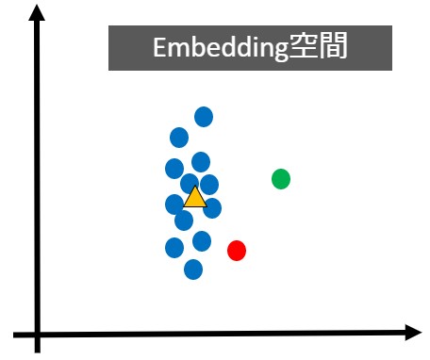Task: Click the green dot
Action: pos(280,178)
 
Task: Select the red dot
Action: pos(237,250)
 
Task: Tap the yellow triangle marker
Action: pos(194,197)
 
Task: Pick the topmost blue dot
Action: pos(204,117)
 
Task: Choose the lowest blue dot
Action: pos(193,270)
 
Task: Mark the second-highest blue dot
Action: pos(179,138)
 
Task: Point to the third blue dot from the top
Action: pos(201,161)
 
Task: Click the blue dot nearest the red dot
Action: pos(202,241)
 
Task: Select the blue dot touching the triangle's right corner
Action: pos(212,207)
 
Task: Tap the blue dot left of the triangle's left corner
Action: pos(174,204)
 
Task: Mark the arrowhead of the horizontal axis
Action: pos(413,332)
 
